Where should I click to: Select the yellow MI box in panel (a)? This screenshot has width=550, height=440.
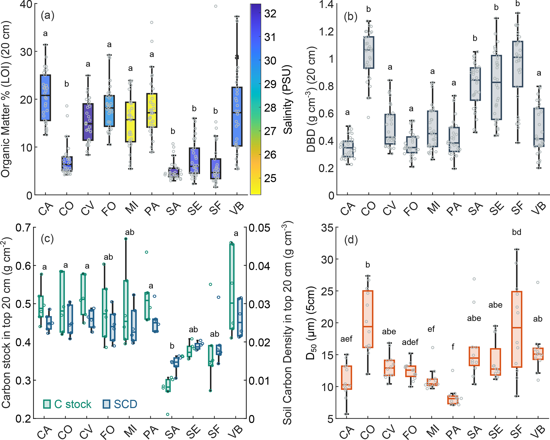(130, 122)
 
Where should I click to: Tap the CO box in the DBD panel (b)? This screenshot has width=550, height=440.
(369, 53)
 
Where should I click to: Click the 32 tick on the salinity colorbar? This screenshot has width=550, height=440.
(270, 14)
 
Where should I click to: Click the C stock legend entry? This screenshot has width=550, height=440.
(67, 404)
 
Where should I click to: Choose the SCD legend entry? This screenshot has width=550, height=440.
(120, 404)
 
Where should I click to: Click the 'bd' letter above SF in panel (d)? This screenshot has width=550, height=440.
(516, 232)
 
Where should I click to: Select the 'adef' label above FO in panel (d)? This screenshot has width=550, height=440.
(410, 342)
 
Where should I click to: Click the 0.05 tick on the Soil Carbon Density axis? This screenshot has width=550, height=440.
(259, 228)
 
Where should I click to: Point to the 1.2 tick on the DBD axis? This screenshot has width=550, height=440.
(326, 32)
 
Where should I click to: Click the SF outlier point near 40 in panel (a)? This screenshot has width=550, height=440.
(216, 6)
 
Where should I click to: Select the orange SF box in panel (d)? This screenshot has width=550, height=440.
(517, 329)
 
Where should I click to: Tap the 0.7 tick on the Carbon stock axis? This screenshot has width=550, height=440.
(23, 228)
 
